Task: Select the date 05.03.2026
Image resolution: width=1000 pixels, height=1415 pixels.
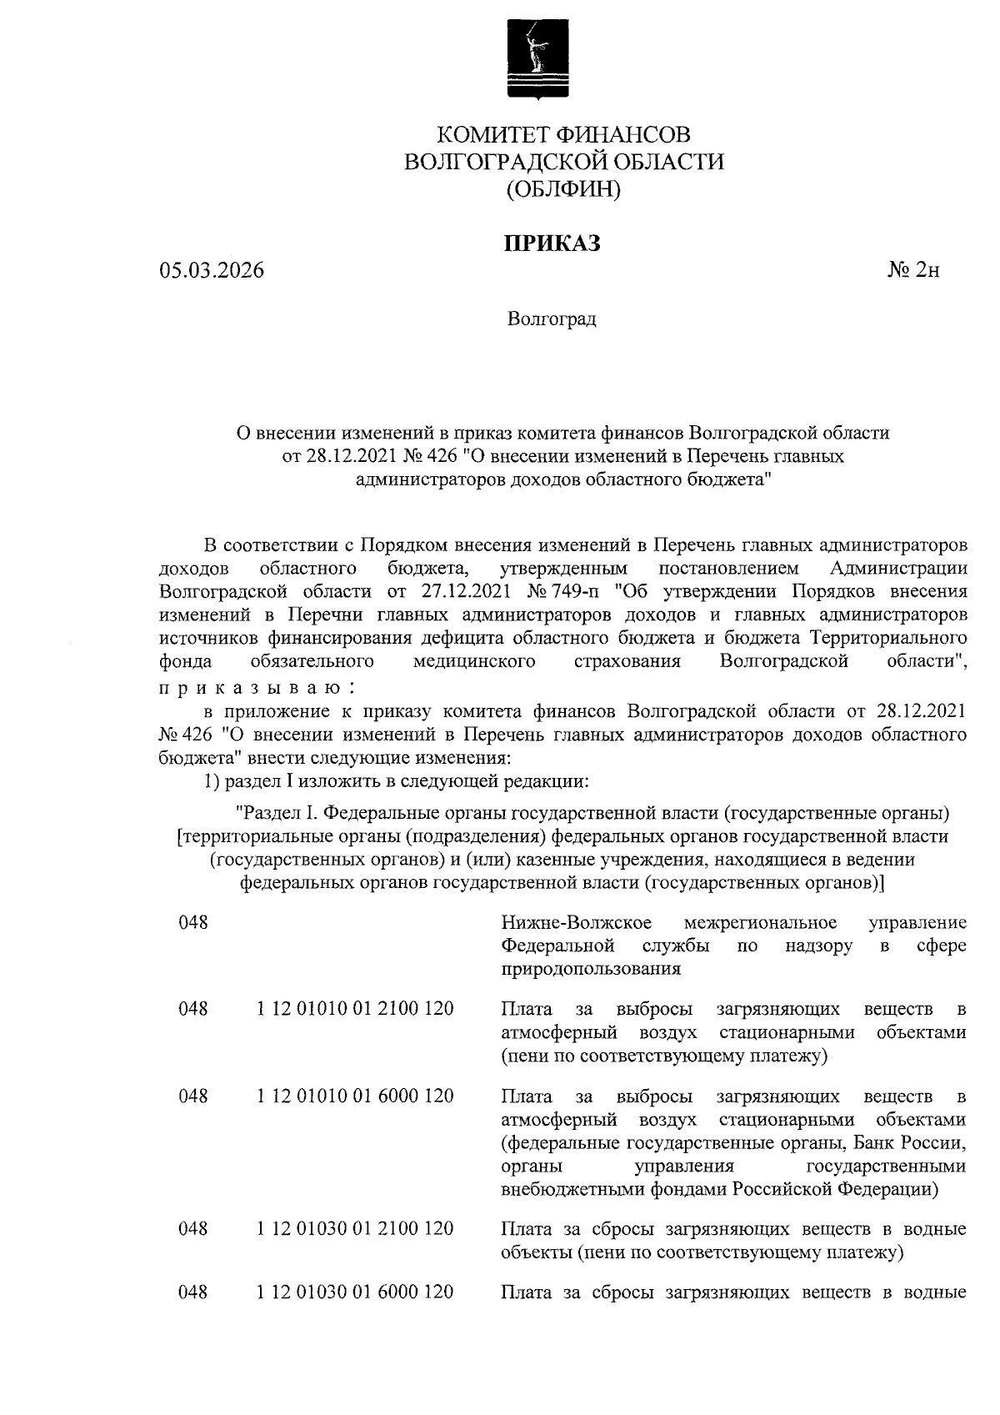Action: [x=212, y=271]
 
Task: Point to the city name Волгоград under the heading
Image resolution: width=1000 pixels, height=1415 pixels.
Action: [x=552, y=319]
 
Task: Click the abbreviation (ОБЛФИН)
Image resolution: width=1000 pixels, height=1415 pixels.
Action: [x=563, y=189]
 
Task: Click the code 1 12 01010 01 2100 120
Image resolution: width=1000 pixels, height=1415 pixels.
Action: [x=355, y=1009]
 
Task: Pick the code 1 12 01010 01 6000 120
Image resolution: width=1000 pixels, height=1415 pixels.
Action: [x=355, y=1096]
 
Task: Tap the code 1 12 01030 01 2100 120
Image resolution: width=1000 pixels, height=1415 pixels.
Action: [x=355, y=1228]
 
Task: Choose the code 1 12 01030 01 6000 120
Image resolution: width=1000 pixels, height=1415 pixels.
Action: [x=355, y=1292]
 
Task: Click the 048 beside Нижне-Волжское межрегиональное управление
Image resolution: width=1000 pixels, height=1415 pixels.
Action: [x=192, y=922]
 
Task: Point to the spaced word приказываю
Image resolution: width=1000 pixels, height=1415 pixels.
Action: [x=257, y=688]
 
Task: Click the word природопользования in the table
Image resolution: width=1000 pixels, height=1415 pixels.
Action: [x=591, y=970]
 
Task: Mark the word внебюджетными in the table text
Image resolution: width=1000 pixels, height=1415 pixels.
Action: [x=563, y=1189]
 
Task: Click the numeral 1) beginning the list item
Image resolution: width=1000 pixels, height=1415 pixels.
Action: [x=212, y=782]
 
